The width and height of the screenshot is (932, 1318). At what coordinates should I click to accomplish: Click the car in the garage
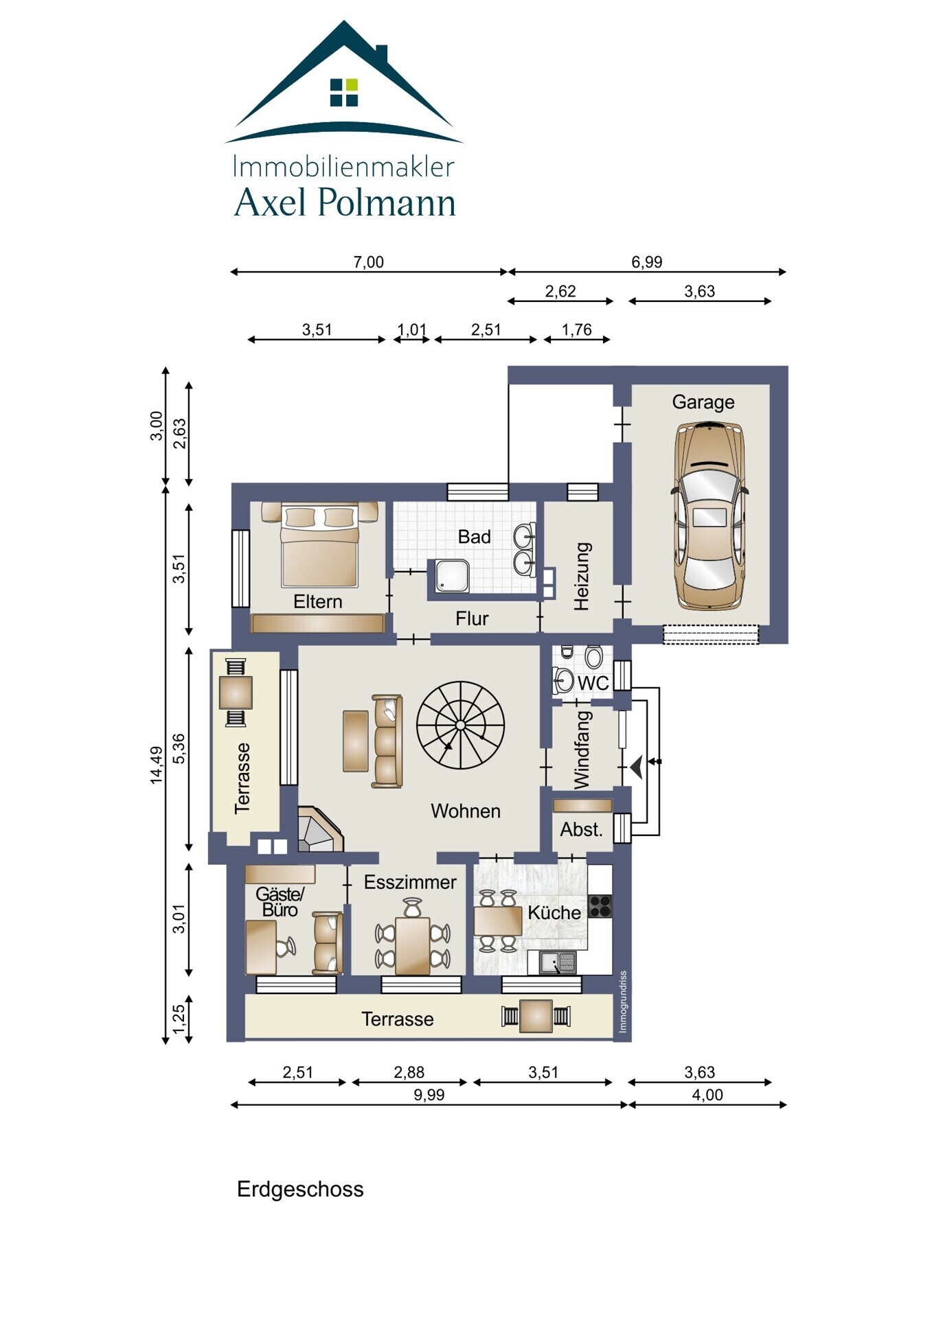click(709, 516)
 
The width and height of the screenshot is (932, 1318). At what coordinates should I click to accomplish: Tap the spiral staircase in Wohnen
click(460, 725)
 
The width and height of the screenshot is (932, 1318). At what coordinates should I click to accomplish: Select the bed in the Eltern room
click(319, 545)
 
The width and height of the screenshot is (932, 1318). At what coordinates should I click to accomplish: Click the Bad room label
click(474, 537)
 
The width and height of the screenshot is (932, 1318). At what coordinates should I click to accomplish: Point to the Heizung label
click(582, 576)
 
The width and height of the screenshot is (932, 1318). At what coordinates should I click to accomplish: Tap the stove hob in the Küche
click(600, 906)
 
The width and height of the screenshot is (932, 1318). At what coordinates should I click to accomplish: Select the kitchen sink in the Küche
click(558, 962)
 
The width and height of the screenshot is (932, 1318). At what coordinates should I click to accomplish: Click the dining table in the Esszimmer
click(413, 945)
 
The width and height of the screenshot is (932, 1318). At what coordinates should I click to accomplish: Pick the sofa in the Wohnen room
click(387, 741)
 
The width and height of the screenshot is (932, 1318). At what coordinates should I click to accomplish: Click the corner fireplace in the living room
click(319, 830)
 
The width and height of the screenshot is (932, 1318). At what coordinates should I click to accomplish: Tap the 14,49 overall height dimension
click(157, 765)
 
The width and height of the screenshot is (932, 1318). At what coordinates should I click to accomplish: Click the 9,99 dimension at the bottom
click(429, 1095)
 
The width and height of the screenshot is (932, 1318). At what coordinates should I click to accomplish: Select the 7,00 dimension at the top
click(368, 262)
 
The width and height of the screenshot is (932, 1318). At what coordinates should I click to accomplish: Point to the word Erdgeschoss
click(300, 1190)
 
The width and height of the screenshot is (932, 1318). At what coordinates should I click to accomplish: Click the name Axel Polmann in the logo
click(345, 203)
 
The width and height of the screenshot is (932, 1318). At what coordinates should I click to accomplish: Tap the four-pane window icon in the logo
click(344, 93)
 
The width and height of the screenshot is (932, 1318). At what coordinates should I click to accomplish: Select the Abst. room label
click(581, 829)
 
